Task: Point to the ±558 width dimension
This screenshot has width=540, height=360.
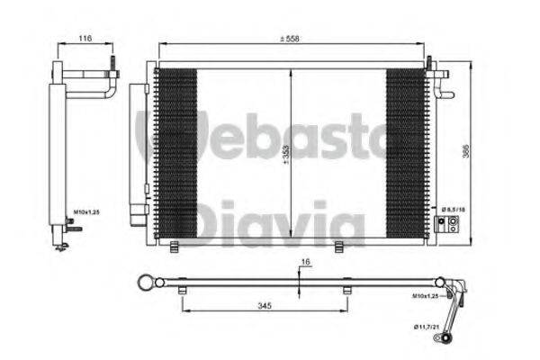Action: [290, 39]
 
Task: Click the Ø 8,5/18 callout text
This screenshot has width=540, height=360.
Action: [451, 208]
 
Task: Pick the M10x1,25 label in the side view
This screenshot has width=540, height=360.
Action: [86, 214]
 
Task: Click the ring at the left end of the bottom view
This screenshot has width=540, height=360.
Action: [144, 283]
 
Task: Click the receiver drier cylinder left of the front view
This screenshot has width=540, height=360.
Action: [137, 148]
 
